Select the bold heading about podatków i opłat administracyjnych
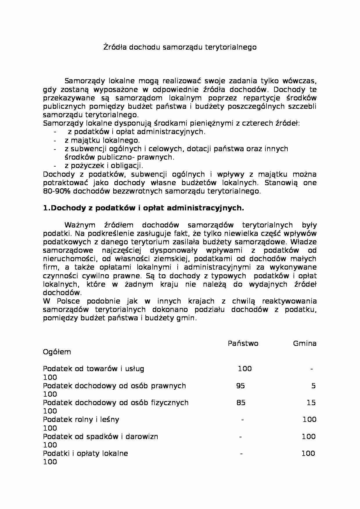[x=143, y=208]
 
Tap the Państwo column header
[x=243, y=344]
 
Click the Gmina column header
[x=305, y=344]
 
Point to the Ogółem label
[x=57, y=352]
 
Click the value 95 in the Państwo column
[x=240, y=386]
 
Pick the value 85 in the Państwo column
[x=241, y=402]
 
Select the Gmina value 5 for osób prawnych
[x=314, y=386]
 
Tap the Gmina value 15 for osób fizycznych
[x=311, y=402]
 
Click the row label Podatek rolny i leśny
[x=81, y=419]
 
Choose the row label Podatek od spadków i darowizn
[x=100, y=436]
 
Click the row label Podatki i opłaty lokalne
[x=85, y=453]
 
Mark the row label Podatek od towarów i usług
[x=93, y=369]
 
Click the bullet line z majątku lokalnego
[x=102, y=140]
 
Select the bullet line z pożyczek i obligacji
[x=104, y=166]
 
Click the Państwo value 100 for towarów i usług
[x=245, y=369]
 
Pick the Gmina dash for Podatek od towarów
[x=312, y=369]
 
